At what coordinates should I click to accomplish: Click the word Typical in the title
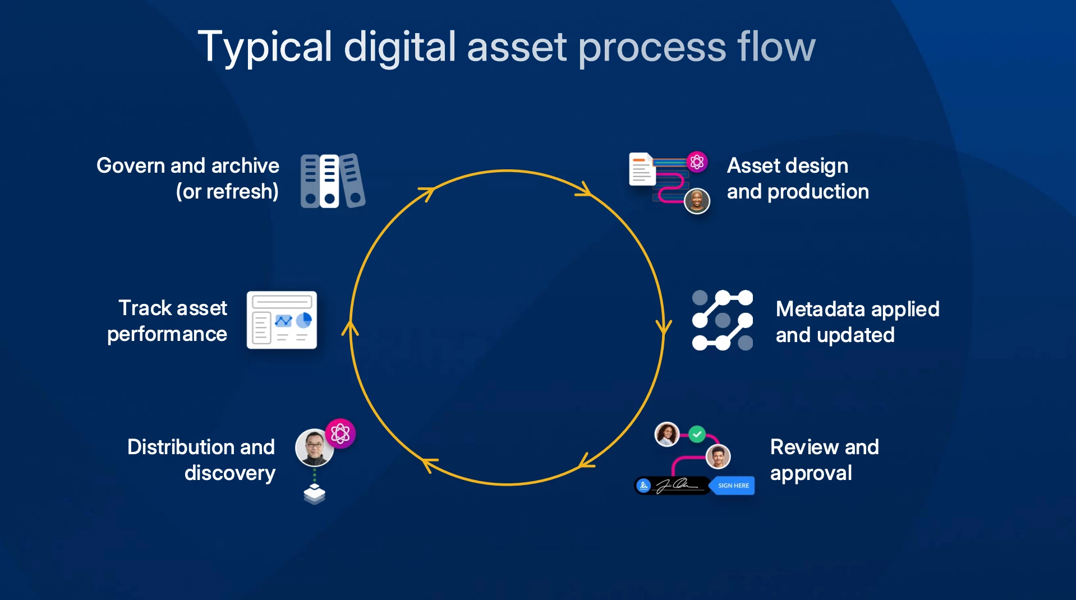pyautogui.click(x=265, y=47)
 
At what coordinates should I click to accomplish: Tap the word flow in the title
pyautogui.click(x=776, y=47)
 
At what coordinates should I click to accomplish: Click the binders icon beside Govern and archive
pyautogui.click(x=332, y=181)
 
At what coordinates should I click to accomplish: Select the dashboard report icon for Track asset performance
pyautogui.click(x=282, y=320)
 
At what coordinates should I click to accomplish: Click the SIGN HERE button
pyautogui.click(x=733, y=486)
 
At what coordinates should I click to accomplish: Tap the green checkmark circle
pyautogui.click(x=697, y=433)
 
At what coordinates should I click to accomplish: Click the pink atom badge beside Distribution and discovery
pyautogui.click(x=340, y=433)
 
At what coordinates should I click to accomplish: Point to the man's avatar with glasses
pyautogui.click(x=314, y=447)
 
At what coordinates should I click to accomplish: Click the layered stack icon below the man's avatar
pyautogui.click(x=314, y=494)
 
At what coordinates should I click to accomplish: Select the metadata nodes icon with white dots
pyautogui.click(x=722, y=320)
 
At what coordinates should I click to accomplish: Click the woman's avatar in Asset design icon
pyautogui.click(x=697, y=200)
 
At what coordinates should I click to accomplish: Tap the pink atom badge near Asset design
pyautogui.click(x=697, y=163)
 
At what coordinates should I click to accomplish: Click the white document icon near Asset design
pyautogui.click(x=642, y=169)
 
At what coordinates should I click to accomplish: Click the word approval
pyautogui.click(x=811, y=473)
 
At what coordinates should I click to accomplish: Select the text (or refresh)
pyautogui.click(x=227, y=192)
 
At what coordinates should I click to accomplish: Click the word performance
pyautogui.click(x=167, y=334)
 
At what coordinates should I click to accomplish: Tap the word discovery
pyautogui.click(x=230, y=473)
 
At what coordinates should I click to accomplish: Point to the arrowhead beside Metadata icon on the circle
pyautogui.click(x=664, y=326)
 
